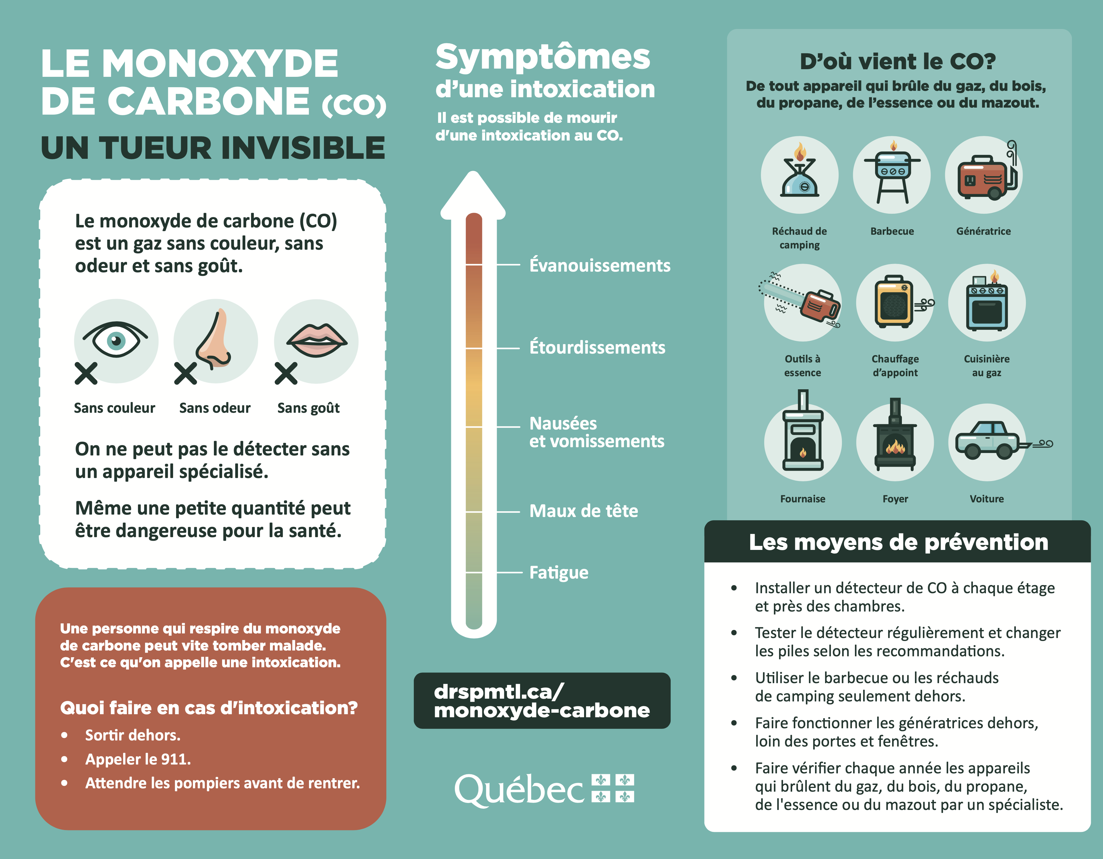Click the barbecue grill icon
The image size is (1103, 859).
[x=892, y=174]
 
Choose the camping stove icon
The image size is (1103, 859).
[x=800, y=174]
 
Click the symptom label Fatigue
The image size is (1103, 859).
[x=559, y=572]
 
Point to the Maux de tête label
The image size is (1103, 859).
[x=583, y=511]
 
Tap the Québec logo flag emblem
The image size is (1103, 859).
[x=613, y=788]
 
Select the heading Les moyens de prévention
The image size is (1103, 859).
[x=898, y=542]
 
